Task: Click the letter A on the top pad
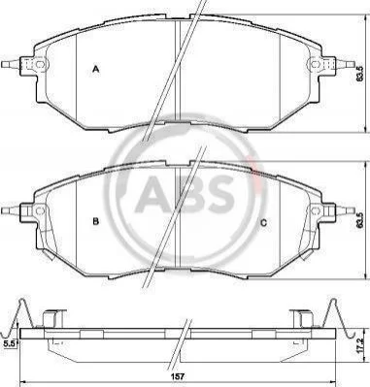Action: point(95,69)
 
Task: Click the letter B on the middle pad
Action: point(95,221)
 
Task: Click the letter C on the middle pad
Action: point(264,222)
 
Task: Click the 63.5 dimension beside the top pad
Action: point(357,75)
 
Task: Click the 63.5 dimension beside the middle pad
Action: point(357,221)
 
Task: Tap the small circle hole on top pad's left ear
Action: point(40,64)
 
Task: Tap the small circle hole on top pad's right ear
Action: point(315,64)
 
